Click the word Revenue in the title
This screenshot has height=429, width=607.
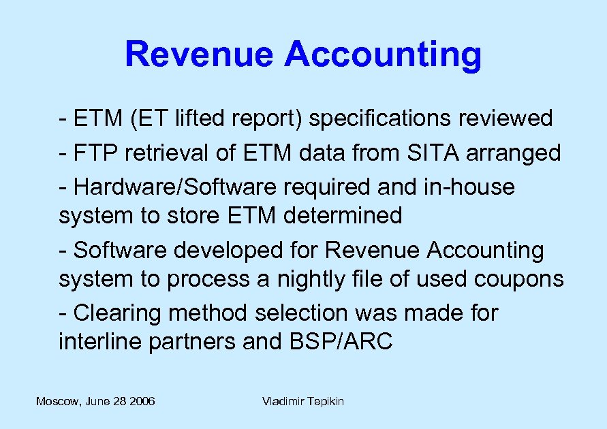tap(200, 54)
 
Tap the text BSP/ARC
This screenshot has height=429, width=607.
tap(337, 341)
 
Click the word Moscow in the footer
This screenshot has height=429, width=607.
tap(57, 402)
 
